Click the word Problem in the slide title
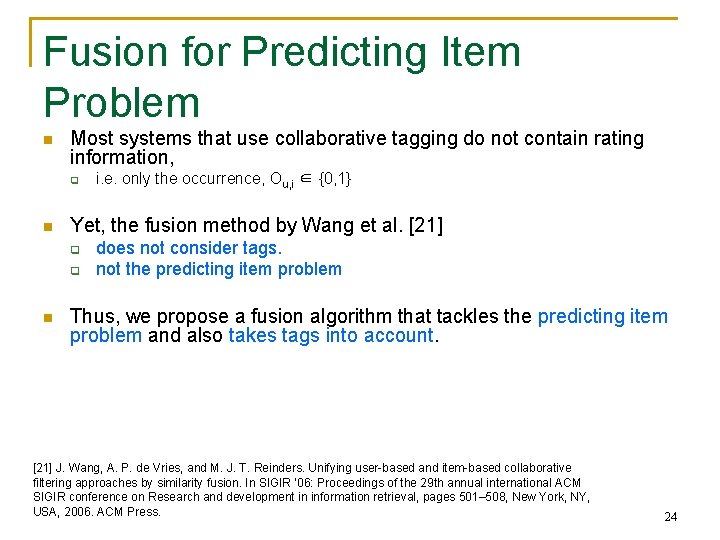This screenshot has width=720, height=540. click(122, 102)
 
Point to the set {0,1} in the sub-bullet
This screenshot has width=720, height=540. click(332, 179)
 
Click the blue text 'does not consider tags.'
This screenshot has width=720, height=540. click(189, 248)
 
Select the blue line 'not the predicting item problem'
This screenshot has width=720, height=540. click(218, 269)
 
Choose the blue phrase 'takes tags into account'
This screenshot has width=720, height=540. click(331, 336)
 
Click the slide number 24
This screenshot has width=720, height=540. click(670, 517)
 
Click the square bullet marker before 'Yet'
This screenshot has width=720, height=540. click(47, 227)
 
